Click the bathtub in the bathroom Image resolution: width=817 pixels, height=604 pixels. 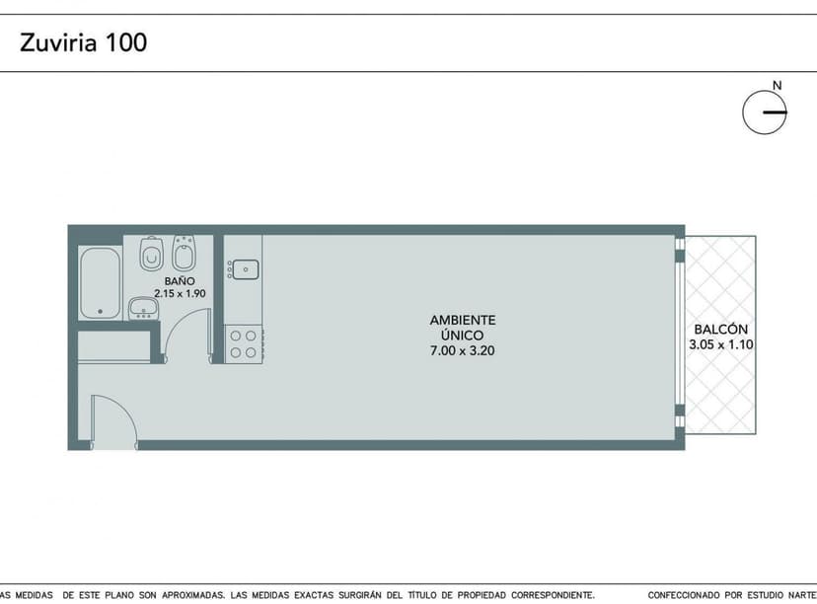point(100,282)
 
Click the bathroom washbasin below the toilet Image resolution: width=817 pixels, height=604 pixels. point(143,309)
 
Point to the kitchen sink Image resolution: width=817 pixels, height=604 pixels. point(244,267)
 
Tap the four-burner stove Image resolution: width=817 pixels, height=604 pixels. point(243,343)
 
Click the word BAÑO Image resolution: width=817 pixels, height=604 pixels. point(180,280)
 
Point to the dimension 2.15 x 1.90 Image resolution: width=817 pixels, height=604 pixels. point(180,293)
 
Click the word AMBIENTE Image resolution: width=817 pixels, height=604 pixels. point(462,320)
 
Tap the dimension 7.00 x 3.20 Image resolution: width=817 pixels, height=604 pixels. point(462,350)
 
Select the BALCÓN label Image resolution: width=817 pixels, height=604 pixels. point(720,330)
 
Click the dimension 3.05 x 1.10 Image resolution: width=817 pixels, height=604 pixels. point(720,344)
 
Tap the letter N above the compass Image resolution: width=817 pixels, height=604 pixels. point(777,86)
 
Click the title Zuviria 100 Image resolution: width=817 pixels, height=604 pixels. point(84,42)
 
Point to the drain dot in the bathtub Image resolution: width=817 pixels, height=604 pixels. point(100,312)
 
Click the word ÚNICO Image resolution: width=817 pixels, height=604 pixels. point(462,336)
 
